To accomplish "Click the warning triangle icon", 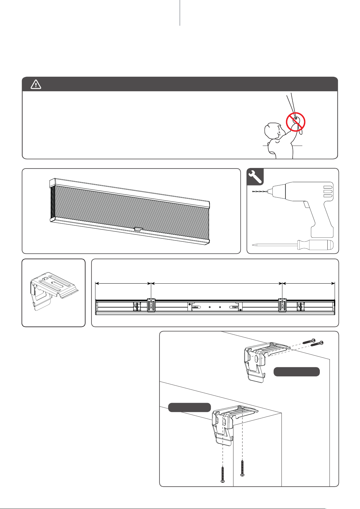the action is point(36,84).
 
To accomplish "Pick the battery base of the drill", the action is point(322,232).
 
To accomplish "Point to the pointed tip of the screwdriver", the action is point(253,245).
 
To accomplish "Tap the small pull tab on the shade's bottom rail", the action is point(138,230).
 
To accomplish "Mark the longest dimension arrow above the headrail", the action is point(216,283).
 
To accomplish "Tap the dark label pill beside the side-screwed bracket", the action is point(297,372).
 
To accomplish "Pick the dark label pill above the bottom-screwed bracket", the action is point(189,408).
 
